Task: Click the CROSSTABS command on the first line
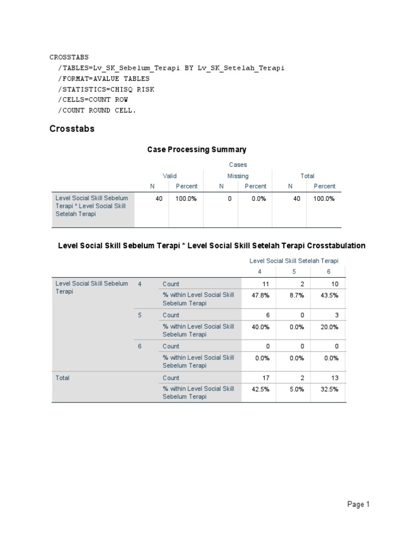coord(69,57)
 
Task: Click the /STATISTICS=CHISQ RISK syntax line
coord(106,89)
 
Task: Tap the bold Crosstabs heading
coord(72,129)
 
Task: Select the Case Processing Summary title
coord(197,149)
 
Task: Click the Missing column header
coord(238,176)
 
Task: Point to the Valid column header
coord(170,176)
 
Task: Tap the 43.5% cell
coord(330,295)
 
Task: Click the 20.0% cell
coord(330,326)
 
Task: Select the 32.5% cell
coord(330,389)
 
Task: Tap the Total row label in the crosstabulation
coord(63,378)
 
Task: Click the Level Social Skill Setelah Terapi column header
coord(294,261)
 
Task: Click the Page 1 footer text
coord(359,505)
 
